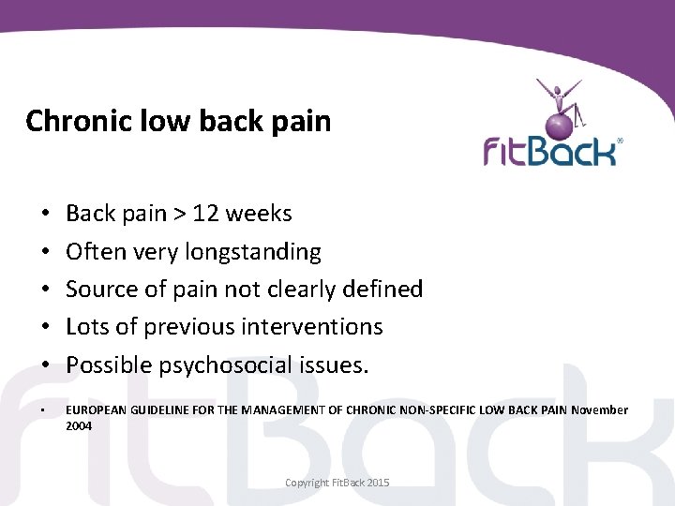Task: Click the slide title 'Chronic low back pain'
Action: point(178,121)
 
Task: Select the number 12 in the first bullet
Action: point(205,214)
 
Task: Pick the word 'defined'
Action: point(382,290)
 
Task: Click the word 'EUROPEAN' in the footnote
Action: point(97,410)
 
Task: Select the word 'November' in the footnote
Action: point(599,410)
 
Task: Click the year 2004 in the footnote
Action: point(79,425)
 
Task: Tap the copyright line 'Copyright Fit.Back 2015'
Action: point(337,483)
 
